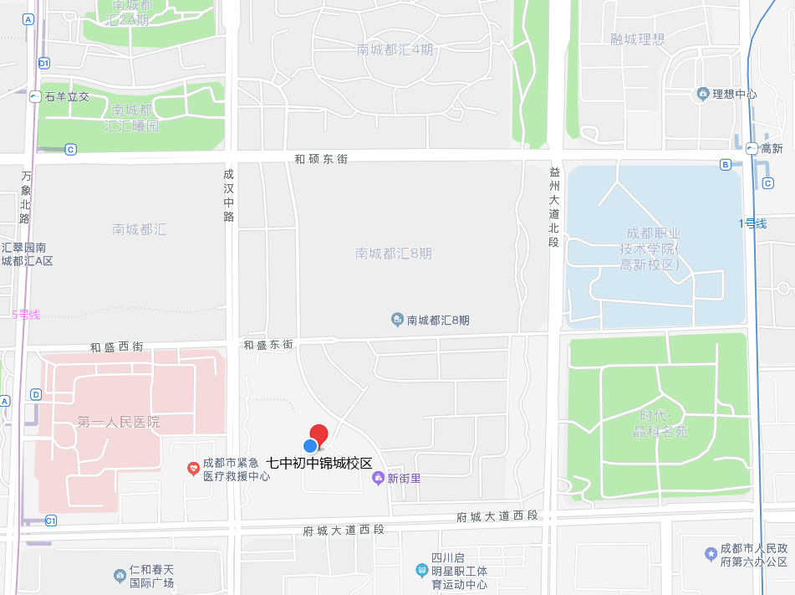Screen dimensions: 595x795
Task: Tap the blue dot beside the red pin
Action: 310,445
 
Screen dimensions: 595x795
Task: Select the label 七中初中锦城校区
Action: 319,463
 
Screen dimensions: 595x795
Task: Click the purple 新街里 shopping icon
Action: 378,478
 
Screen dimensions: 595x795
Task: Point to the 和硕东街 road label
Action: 321,158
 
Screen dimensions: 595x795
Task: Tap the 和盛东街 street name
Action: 268,345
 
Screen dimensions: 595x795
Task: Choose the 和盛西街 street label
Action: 116,346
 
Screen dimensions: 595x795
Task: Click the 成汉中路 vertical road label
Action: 229,196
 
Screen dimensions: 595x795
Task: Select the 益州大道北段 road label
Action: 553,206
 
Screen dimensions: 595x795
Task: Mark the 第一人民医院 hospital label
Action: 118,422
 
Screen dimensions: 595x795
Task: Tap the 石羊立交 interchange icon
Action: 35,96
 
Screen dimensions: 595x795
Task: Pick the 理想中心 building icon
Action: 702,94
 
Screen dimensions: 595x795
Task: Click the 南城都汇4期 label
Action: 395,49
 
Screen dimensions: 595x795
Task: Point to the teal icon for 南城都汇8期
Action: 398,320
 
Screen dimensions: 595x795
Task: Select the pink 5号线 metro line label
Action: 26,315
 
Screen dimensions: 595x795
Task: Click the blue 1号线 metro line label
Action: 752,223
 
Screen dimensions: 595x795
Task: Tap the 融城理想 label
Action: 638,38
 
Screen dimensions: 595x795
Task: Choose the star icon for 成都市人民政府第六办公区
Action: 711,554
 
